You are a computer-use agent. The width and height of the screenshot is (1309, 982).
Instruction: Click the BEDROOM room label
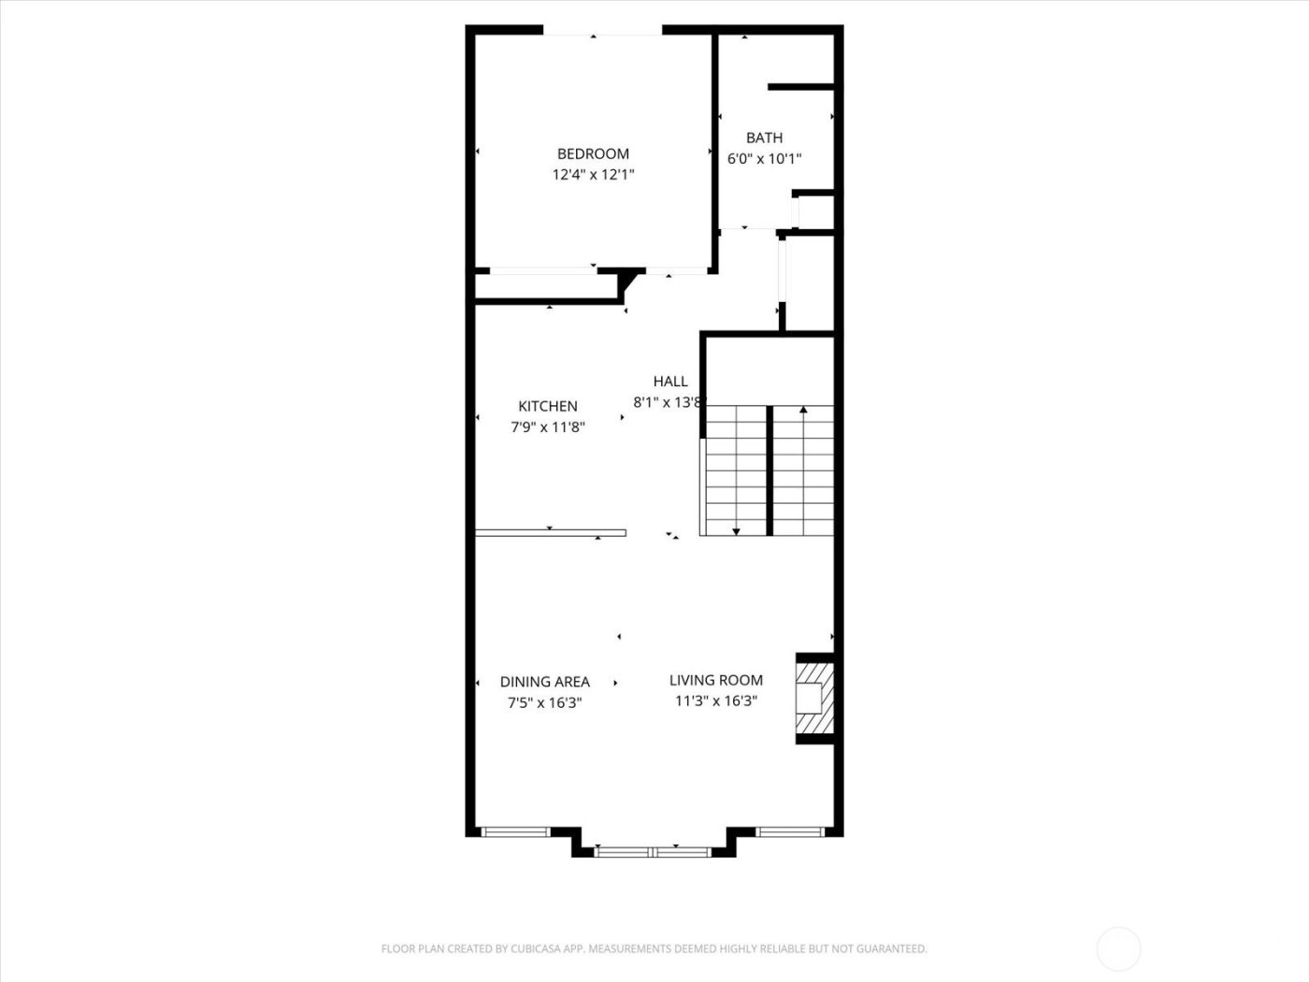coord(593,154)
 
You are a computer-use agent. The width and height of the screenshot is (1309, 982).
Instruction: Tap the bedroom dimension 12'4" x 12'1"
coord(593,175)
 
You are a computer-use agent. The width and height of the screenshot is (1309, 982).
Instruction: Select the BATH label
coord(764,138)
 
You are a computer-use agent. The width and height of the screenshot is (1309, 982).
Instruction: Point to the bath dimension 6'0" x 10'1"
coord(764,159)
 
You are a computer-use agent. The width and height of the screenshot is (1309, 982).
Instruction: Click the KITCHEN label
coord(548,407)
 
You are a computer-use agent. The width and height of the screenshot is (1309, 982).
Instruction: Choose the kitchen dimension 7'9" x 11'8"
coord(548,427)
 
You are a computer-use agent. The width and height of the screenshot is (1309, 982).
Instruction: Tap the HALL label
coord(670,382)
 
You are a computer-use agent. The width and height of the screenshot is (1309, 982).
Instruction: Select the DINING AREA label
coord(544,682)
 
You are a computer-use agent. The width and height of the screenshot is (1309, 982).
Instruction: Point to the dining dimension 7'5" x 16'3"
coord(544,703)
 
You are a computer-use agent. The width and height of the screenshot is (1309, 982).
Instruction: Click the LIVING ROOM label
coord(715,681)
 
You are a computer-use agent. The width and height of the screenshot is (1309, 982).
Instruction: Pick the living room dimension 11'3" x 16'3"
coord(715,701)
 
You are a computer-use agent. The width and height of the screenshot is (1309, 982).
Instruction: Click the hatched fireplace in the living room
coord(813,699)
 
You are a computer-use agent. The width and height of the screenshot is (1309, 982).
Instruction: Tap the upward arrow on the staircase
coord(803,410)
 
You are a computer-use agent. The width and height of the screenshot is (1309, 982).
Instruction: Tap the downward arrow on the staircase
coord(736,530)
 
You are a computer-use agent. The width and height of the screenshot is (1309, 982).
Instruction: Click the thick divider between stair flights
coord(770,470)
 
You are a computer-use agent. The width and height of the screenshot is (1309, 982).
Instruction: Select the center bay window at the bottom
coord(654,851)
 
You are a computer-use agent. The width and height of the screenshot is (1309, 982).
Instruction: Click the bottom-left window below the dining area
coord(516,831)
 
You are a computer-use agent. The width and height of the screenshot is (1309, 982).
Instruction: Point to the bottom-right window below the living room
coord(790,831)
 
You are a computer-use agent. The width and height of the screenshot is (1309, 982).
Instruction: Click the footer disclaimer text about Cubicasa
coord(654,949)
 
